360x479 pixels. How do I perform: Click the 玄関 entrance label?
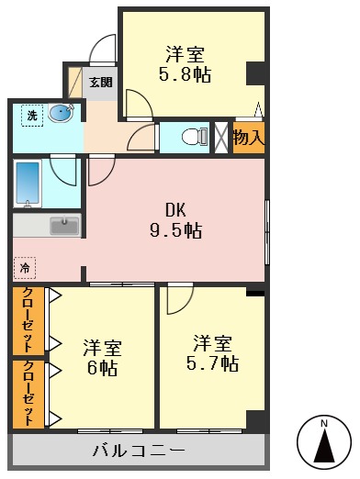point(100,83)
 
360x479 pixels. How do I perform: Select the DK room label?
point(175,209)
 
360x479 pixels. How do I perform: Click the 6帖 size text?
point(103,369)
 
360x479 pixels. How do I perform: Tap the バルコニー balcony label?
point(140,451)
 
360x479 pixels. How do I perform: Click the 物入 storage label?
point(248,139)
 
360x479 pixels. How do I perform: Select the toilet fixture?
point(190,137)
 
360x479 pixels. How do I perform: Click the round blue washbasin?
point(61,114)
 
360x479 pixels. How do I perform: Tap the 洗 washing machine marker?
point(32,116)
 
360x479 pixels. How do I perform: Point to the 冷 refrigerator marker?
point(25,268)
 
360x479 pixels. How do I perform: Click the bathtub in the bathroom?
point(29,184)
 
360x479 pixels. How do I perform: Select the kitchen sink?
point(63,225)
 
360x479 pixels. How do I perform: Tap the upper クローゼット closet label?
point(28,321)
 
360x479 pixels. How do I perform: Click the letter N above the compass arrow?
point(323,424)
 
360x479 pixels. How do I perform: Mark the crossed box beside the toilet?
point(220,137)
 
